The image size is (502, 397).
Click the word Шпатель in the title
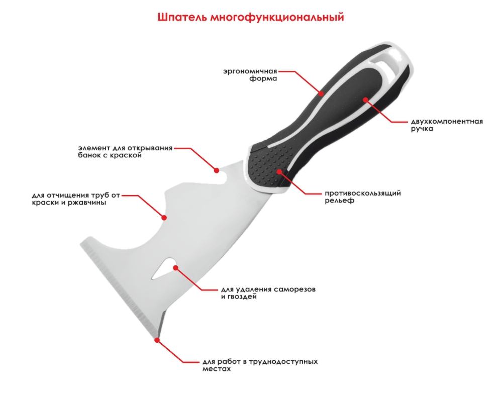click(x=182, y=17)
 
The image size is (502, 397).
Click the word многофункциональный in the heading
click(x=277, y=18)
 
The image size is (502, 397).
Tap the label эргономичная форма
click(x=250, y=74)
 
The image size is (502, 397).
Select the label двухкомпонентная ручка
click(x=447, y=125)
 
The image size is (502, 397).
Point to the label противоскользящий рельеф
click(x=363, y=197)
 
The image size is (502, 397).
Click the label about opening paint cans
click(x=125, y=151)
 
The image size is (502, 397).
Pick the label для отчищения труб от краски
click(x=76, y=199)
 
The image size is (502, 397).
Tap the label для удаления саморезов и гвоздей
click(x=268, y=293)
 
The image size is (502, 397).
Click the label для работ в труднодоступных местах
click(x=260, y=365)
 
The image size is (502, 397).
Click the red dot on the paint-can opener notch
click(x=217, y=170)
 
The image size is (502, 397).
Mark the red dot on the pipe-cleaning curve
click(x=164, y=218)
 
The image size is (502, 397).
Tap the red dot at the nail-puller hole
click(x=175, y=268)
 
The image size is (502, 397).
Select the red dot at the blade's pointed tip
click(x=157, y=340)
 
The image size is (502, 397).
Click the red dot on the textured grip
click(x=279, y=171)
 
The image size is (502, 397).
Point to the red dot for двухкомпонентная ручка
click(x=365, y=100)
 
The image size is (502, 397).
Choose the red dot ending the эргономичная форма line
click(x=321, y=93)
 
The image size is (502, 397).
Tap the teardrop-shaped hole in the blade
click(x=165, y=268)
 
